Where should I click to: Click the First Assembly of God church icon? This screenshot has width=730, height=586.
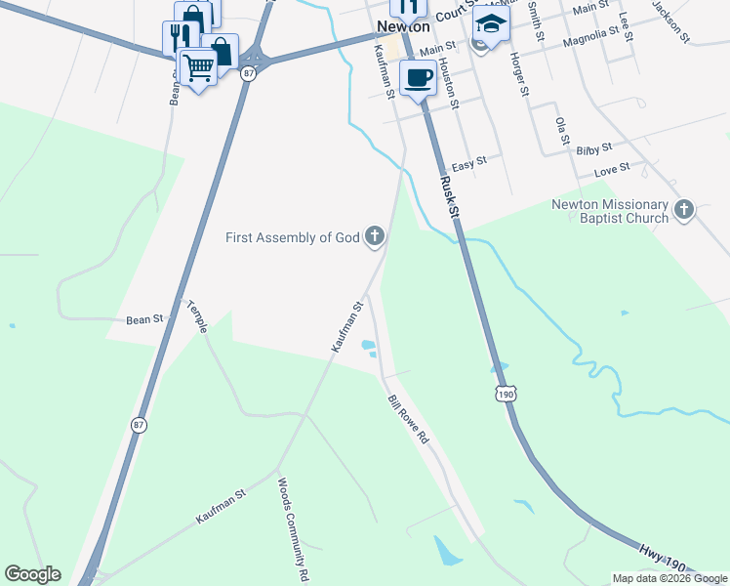click(374, 235)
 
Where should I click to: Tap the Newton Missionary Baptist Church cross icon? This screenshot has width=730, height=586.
click(683, 209)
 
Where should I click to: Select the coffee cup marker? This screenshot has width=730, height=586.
click(418, 76)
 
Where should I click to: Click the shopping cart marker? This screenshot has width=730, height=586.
click(198, 67)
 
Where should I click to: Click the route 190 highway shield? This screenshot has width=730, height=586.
click(505, 394)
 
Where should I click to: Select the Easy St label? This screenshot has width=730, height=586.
click(468, 165)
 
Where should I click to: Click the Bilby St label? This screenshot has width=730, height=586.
click(593, 149)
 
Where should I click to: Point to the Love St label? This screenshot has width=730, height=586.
click(612, 169)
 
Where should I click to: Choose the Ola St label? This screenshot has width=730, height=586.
click(560, 132)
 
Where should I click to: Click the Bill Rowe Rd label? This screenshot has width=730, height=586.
click(408, 420)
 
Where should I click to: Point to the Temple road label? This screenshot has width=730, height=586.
click(197, 315)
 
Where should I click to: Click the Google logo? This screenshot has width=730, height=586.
click(32, 574)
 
